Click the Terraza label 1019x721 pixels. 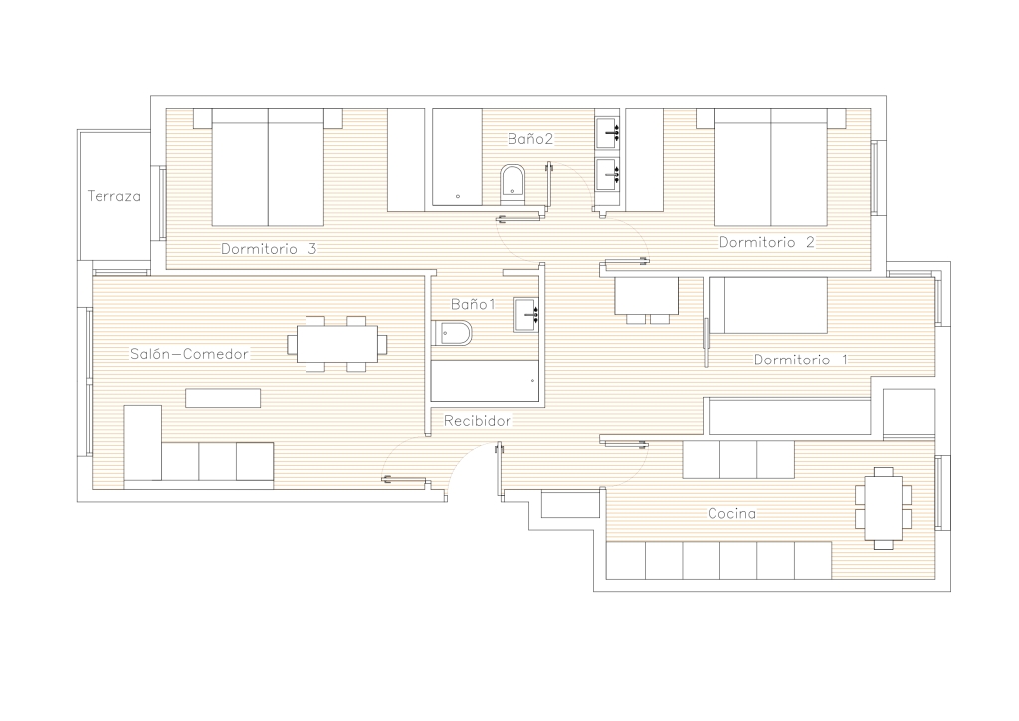tap(113, 196)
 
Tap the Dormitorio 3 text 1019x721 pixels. tap(269, 249)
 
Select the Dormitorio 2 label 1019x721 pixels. tap(767, 243)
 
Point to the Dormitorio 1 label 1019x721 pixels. tap(801, 360)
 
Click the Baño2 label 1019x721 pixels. tap(530, 139)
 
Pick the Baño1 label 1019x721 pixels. tap(473, 304)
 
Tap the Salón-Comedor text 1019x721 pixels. tap(189, 354)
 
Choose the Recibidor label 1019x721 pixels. tap(477, 421)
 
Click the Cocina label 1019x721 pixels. tap(731, 514)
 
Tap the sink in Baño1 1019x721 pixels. tap(526, 314)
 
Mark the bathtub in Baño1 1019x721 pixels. tap(485, 381)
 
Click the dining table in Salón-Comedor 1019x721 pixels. tap(336, 344)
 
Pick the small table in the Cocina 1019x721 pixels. tap(884, 509)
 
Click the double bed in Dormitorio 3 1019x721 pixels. tap(268, 167)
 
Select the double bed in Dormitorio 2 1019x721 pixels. tap(771, 167)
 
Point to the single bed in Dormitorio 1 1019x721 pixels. tap(768, 305)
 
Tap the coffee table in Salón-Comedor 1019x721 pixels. tap(223, 398)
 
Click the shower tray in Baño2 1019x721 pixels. tap(458, 156)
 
